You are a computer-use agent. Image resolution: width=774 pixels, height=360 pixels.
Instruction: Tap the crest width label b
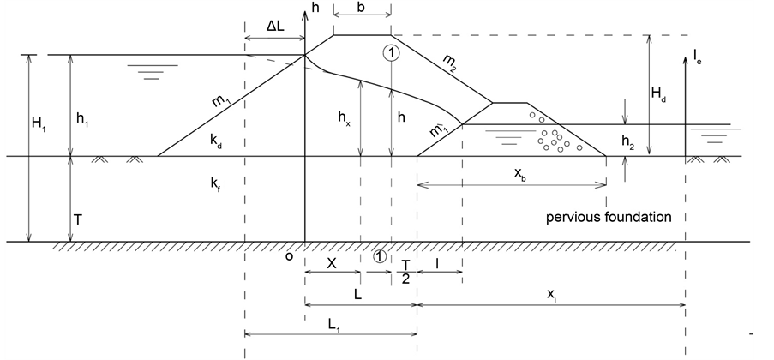click(362, 9)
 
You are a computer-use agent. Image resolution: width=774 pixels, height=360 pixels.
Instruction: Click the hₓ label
click(346, 121)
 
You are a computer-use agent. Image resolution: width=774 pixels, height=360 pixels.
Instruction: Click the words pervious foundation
click(608, 218)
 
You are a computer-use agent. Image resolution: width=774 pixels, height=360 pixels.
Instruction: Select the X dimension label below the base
click(332, 264)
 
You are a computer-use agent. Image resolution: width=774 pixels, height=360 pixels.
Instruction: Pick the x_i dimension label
click(553, 294)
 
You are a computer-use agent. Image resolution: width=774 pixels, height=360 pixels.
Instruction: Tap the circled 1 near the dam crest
click(391, 52)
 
